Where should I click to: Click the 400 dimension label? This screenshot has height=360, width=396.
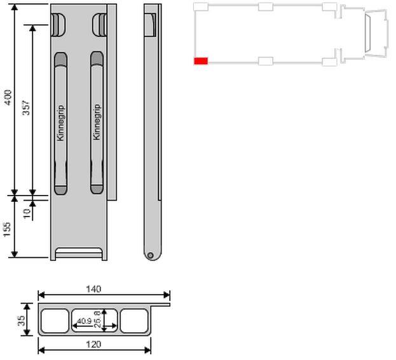8,97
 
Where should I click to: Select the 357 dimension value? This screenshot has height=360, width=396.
26,108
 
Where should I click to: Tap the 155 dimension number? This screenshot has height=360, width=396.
8,229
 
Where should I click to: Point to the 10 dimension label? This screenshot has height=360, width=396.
27,213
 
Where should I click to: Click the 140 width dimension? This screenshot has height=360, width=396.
93,289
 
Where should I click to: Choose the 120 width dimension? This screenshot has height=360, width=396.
93,344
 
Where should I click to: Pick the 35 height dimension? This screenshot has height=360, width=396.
22,321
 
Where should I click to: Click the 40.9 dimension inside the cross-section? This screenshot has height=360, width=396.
85,321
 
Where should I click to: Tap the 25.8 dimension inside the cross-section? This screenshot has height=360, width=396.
97,319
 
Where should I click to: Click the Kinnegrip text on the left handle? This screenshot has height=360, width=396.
60,123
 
